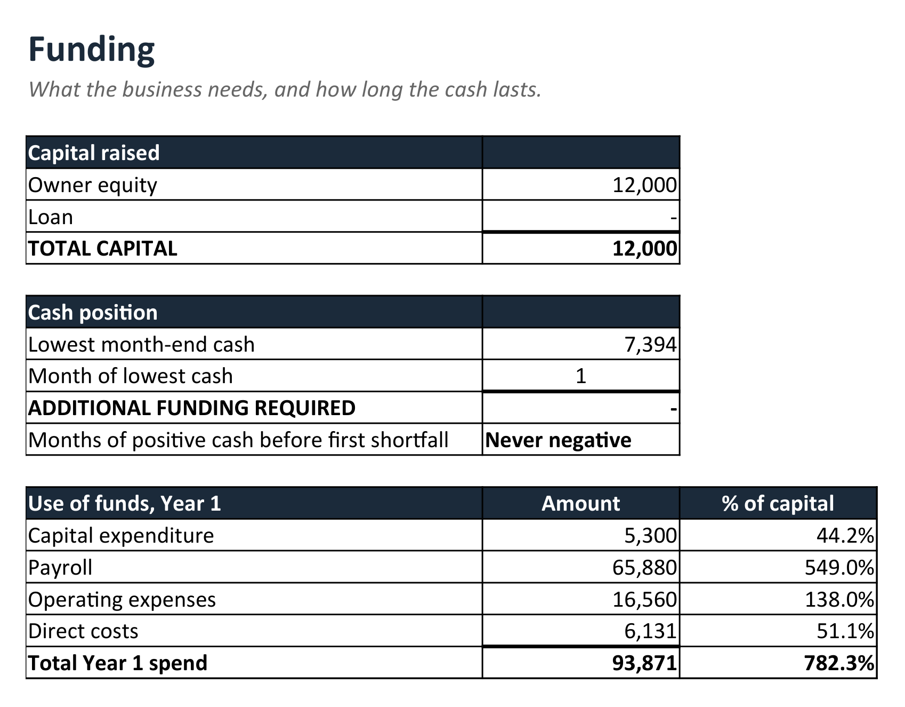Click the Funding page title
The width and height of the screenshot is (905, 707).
91,49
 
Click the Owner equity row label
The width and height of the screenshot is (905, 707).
93,185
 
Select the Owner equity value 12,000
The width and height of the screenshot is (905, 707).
644,185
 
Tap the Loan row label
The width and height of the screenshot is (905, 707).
51,217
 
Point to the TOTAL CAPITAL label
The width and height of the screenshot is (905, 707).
103,249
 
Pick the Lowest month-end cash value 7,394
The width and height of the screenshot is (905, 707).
650,345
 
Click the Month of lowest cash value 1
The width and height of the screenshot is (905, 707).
581,376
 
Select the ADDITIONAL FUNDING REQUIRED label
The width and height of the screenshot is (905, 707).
192,408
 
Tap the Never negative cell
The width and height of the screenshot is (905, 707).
558,440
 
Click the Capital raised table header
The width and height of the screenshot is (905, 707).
94,153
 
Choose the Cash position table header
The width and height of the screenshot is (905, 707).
93,313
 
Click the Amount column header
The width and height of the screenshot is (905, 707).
581,504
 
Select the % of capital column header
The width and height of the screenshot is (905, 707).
778,504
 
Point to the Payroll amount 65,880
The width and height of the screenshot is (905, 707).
644,567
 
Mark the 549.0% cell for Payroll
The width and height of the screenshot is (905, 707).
839,567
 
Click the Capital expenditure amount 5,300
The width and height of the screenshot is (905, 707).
650,535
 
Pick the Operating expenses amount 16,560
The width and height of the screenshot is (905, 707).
644,599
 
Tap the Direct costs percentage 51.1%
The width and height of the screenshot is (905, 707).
845,631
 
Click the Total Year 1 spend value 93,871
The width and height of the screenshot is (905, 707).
644,663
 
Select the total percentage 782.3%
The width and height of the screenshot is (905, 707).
839,663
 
